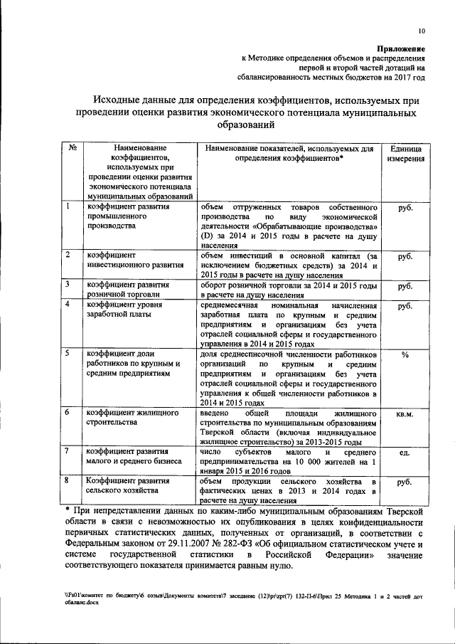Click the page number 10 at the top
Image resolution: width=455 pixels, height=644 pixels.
pyautogui.click(x=422, y=31)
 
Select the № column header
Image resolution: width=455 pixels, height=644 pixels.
pyautogui.click(x=73, y=149)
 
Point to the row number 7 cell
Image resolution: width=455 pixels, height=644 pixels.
pyautogui.click(x=67, y=451)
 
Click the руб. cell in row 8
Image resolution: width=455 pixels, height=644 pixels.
pyautogui.click(x=405, y=482)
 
